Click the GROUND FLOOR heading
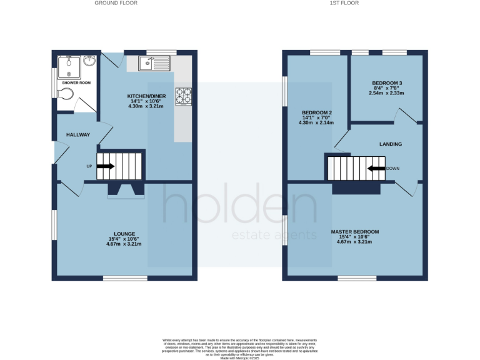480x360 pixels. (x=116, y=3)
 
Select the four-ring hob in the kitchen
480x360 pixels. (x=184, y=96)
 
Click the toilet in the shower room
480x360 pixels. (x=65, y=94)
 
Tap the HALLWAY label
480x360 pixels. (x=78, y=135)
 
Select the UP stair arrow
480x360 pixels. (x=105, y=166)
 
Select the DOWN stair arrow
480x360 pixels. (x=376, y=168)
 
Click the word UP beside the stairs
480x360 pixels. (x=89, y=166)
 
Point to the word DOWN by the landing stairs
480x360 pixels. (x=392, y=169)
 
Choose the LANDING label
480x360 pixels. (x=391, y=144)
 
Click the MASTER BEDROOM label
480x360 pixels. (x=354, y=232)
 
